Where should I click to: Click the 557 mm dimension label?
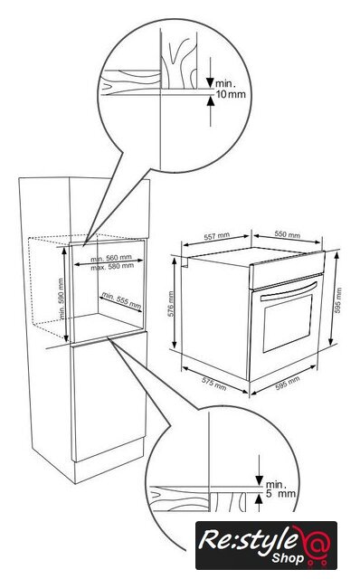pyautogui.click(x=217, y=236)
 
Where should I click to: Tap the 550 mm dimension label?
pyautogui.click(x=288, y=234)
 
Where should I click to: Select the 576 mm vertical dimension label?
pyautogui.click(x=171, y=304)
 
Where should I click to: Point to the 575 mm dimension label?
pyautogui.click(x=214, y=384)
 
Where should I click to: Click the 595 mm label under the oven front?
pyautogui.click(x=288, y=383)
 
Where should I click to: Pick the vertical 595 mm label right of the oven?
pyautogui.click(x=338, y=300)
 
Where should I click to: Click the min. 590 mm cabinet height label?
pyautogui.click(x=62, y=299)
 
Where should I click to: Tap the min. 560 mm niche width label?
pyautogui.click(x=111, y=258)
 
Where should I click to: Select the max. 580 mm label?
pyautogui.click(x=112, y=266)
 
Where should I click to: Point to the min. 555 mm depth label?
pyautogui.click(x=121, y=300)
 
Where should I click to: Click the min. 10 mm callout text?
pyautogui.click(x=231, y=89)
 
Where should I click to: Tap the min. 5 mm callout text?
pyautogui.click(x=280, y=489)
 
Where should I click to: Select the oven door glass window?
pyautogui.click(x=288, y=323)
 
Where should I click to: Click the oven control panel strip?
pyautogui.click(x=287, y=270)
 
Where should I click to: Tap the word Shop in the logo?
pyautogui.click(x=288, y=557)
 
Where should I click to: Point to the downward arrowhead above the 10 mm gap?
pyautogui.click(x=211, y=82)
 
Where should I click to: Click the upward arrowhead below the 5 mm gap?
pyautogui.click(x=260, y=498)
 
